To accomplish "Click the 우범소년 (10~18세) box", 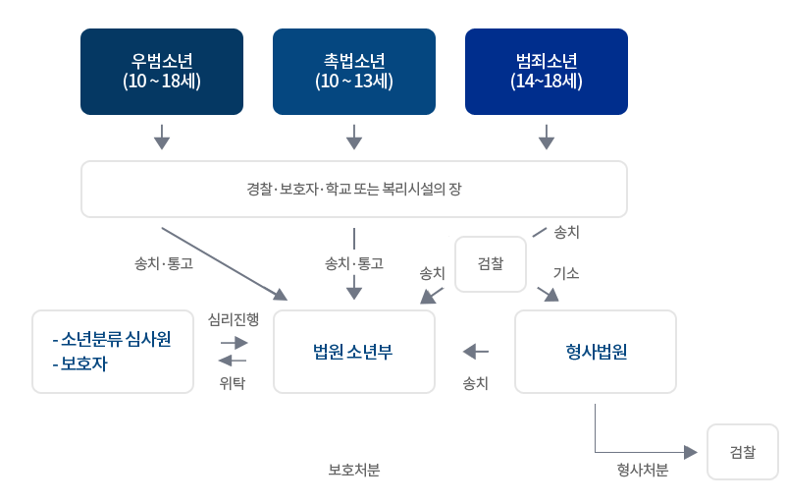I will (x=162, y=72).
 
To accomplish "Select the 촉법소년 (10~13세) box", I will (x=354, y=72).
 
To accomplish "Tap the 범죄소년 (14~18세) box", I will (x=547, y=72).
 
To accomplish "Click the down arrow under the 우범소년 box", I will (x=162, y=138).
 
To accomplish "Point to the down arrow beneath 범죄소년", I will (x=547, y=138).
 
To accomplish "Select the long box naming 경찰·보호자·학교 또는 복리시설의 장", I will (x=354, y=189).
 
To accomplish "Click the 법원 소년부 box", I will (x=354, y=352).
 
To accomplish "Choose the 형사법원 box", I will (x=596, y=352).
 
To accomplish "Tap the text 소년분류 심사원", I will (x=116, y=339).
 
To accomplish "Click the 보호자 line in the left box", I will (x=83, y=363).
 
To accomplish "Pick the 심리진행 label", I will (x=234, y=319).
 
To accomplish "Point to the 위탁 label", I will (x=233, y=383).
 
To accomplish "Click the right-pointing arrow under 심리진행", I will (x=234, y=343).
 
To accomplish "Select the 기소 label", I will (x=566, y=272).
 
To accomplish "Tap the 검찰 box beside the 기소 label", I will (x=491, y=264).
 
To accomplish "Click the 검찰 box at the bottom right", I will (x=742, y=452).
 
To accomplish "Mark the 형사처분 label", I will (x=643, y=471).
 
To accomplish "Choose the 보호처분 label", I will (x=354, y=471).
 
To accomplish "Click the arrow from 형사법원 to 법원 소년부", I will (x=476, y=351).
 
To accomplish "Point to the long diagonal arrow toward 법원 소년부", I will (x=224, y=263).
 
